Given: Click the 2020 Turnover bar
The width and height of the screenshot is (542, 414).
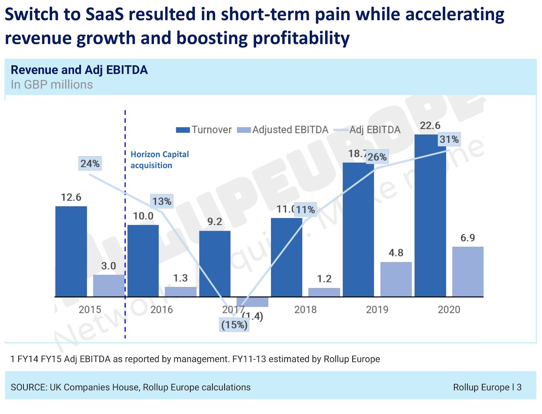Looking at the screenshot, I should click(x=430, y=217).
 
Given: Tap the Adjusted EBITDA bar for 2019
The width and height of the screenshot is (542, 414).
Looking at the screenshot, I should click(x=396, y=279).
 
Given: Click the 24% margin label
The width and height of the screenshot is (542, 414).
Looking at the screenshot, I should click(x=90, y=164).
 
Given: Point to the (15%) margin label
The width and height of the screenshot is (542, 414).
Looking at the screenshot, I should click(x=234, y=325).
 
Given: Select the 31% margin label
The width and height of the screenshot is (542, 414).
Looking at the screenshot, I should click(x=449, y=139).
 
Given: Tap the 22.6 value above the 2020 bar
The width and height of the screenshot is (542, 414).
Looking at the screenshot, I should click(x=430, y=126).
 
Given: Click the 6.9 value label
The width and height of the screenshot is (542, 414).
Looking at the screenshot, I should click(x=467, y=238).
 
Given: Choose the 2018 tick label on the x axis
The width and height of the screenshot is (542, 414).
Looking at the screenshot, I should click(x=305, y=309).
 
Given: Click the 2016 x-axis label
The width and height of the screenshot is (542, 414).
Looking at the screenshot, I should click(x=162, y=309).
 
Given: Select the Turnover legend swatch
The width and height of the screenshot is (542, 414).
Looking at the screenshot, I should click(x=183, y=130).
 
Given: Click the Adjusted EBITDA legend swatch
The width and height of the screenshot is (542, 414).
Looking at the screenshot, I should click(x=244, y=130).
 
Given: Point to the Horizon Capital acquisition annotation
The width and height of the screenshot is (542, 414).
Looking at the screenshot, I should click(x=160, y=160).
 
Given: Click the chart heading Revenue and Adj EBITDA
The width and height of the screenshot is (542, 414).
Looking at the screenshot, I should click(x=79, y=70).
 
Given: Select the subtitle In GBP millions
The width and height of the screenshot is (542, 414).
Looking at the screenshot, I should click(x=52, y=85).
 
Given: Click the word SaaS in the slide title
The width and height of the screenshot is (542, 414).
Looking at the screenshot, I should click(x=105, y=15).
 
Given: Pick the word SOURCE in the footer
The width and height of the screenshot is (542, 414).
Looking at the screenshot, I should click(x=29, y=387).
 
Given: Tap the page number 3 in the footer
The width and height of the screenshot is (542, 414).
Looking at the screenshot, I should click(x=519, y=387).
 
